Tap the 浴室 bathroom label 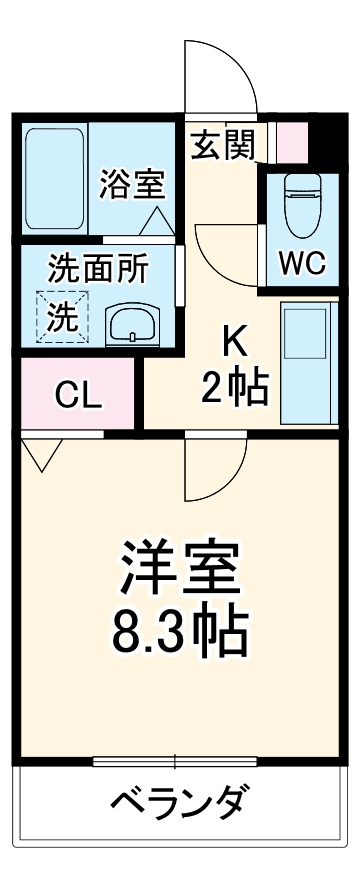(x=132, y=184)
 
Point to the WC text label (x=301, y=263)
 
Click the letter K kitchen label (x=234, y=343)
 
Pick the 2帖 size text (x=236, y=388)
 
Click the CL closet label (x=76, y=395)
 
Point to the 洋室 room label (x=180, y=566)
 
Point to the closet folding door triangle (x=41, y=455)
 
